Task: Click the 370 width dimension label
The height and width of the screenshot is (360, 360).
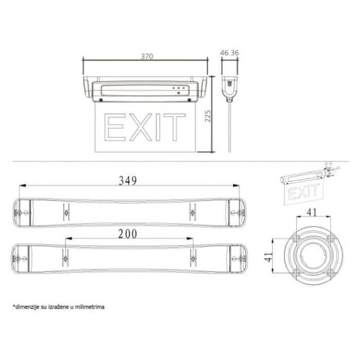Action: (x=147, y=56)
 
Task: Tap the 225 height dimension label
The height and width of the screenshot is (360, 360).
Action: (x=208, y=116)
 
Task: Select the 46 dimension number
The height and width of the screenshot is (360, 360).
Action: (x=224, y=53)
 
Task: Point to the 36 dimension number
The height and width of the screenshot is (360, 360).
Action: (x=235, y=53)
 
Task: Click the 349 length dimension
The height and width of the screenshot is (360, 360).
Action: (x=128, y=181)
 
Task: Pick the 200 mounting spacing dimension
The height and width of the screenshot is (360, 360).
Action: (x=128, y=234)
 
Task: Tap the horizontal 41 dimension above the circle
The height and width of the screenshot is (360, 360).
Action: (x=312, y=212)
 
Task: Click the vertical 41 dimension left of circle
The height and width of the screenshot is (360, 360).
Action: (x=268, y=257)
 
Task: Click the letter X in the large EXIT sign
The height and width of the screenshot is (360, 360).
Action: (x=141, y=127)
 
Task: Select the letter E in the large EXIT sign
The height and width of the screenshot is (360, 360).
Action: (x=115, y=127)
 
